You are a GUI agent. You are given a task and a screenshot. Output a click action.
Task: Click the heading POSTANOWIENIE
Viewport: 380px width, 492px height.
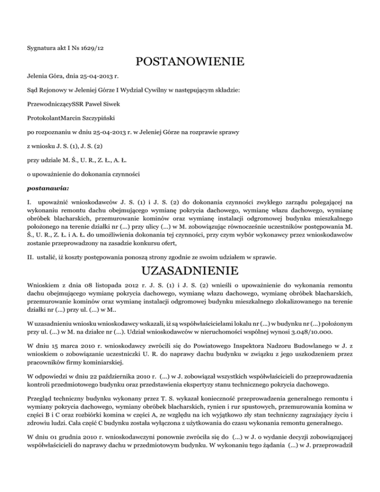pyautogui.click(x=190, y=62)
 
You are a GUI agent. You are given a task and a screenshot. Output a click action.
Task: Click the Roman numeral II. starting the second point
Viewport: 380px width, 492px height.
pyautogui.click(x=29, y=257)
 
